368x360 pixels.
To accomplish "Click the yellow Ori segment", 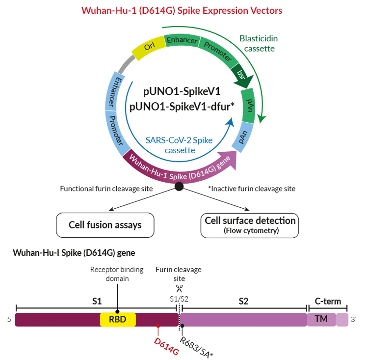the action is pos(148,48).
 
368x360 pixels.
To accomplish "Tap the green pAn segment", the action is pos(249,106).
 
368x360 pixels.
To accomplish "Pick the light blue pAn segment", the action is pos(243,137).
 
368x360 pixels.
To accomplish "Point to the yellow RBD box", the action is pos(118,319).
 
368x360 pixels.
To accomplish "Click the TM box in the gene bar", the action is pos(321,319).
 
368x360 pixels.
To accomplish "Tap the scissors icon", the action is pos(179,288).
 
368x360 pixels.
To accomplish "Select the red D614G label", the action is pos(167,346).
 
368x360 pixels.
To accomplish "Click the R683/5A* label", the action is pos(196,348).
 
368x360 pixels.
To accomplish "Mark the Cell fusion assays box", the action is pos(105,225).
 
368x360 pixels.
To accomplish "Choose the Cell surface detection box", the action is pos(250,225).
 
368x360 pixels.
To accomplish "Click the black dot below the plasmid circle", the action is pos(179,186).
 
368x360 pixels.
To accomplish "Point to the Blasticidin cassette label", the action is pos(259,44).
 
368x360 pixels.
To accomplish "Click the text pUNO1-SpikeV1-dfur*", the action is pos(182,107).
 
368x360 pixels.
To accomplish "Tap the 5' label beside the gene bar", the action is pos(10,320).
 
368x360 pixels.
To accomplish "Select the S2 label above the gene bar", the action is pos(243,301).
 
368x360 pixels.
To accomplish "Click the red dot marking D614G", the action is pos(158,326).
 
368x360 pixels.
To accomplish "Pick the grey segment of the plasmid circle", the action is pos(126,64).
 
